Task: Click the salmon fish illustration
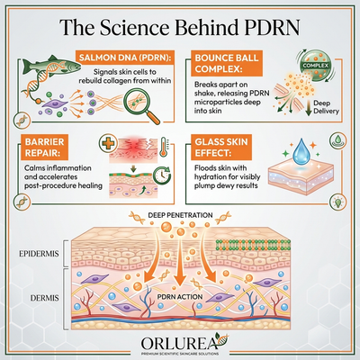(x=51, y=65)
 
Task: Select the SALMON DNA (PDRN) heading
(x=125, y=58)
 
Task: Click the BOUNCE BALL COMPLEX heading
(x=227, y=63)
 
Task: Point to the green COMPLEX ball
(x=314, y=66)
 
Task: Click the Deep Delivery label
(x=326, y=107)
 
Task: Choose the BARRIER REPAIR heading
(x=44, y=148)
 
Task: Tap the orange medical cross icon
(x=108, y=143)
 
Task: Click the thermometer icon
(x=164, y=147)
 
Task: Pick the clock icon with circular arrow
(x=162, y=175)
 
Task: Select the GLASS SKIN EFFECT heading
(x=221, y=148)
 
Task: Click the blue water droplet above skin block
(x=301, y=153)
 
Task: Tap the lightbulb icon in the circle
(x=337, y=202)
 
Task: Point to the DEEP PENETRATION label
(x=180, y=215)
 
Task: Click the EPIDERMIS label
(x=39, y=254)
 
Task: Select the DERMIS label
(x=44, y=298)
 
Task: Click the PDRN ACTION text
(x=180, y=297)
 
